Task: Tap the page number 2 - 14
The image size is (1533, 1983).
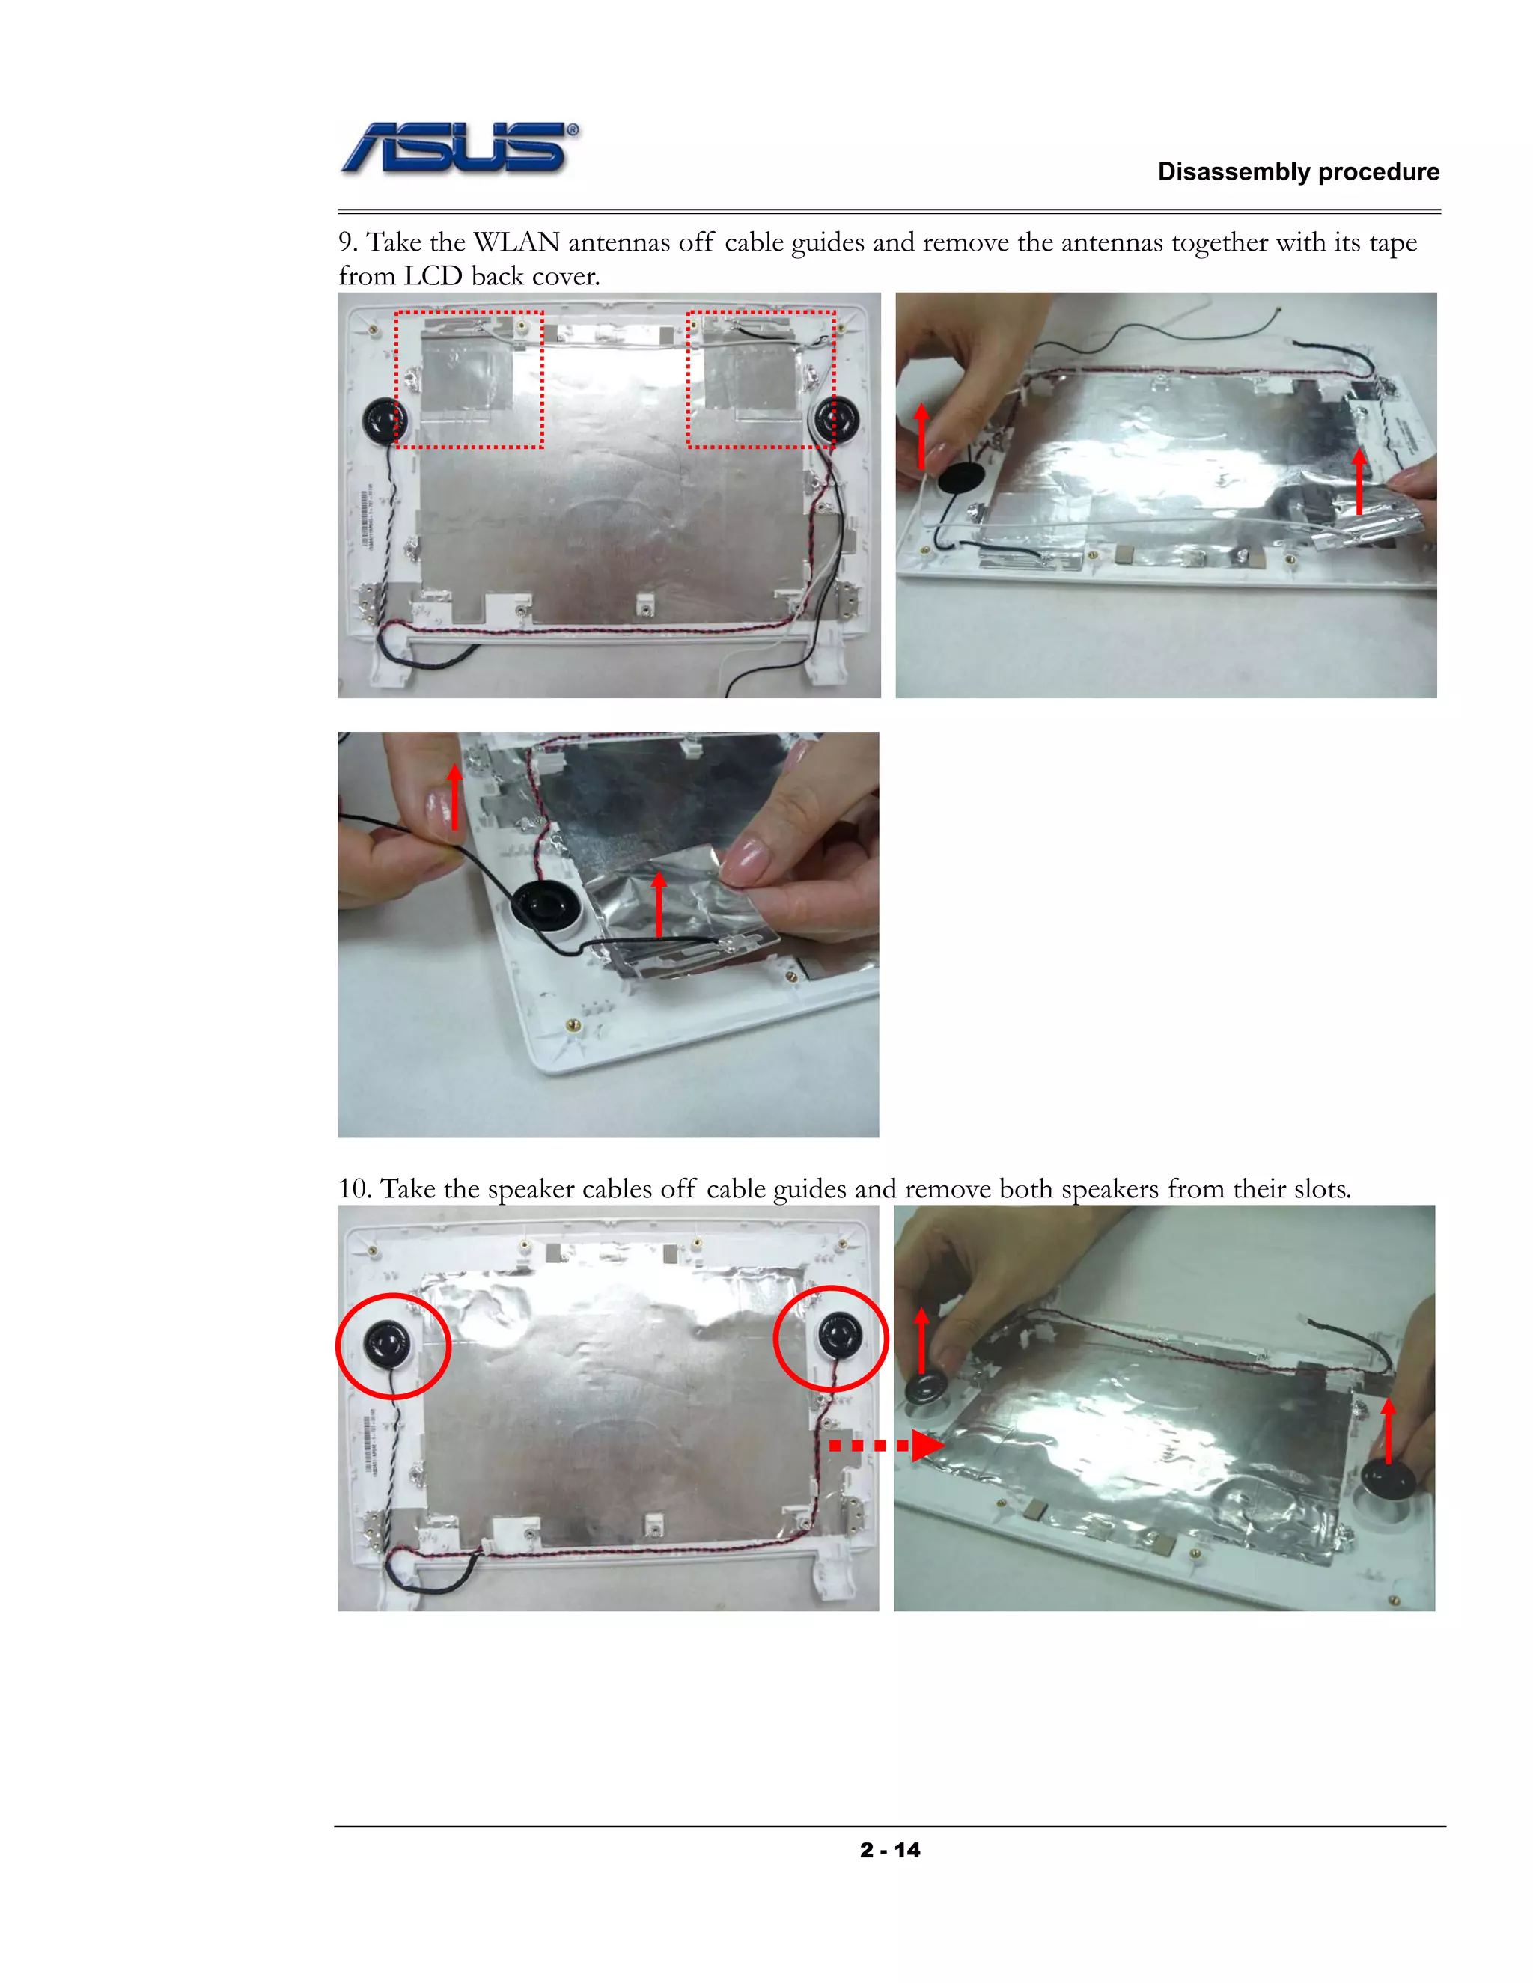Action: [889, 1850]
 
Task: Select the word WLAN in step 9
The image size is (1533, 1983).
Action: [516, 242]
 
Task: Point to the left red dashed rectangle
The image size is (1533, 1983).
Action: [469, 379]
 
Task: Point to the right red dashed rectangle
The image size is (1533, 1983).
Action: [761, 379]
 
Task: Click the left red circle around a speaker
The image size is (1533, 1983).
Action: [393, 1345]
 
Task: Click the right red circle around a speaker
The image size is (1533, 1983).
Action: [830, 1339]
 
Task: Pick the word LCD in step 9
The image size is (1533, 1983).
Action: [433, 276]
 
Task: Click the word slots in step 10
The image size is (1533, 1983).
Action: [1320, 1188]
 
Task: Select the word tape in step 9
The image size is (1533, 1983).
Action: [1392, 242]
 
